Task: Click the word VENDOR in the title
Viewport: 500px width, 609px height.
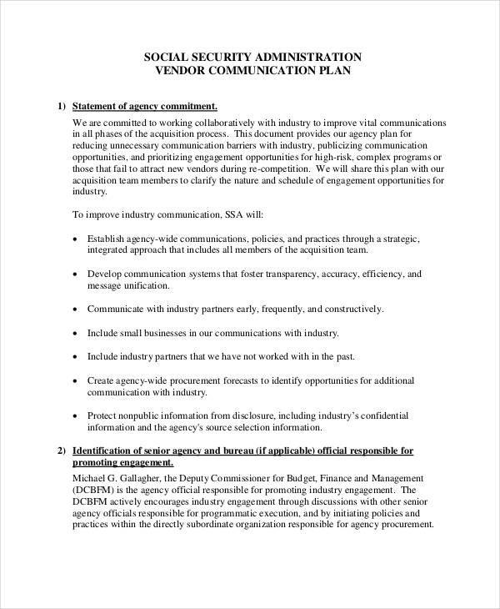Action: pyautogui.click(x=182, y=71)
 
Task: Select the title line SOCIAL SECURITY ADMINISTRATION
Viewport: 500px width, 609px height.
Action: pyautogui.click(x=252, y=57)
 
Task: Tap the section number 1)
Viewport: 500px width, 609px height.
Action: pyautogui.click(x=60, y=106)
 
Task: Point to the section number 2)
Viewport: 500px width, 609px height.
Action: pyautogui.click(x=60, y=450)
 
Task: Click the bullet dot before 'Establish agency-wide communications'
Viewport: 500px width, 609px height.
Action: pyautogui.click(x=77, y=238)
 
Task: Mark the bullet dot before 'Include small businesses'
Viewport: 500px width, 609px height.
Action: pyautogui.click(x=77, y=333)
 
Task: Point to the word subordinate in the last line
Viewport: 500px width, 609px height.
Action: pyautogui.click(x=218, y=526)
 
